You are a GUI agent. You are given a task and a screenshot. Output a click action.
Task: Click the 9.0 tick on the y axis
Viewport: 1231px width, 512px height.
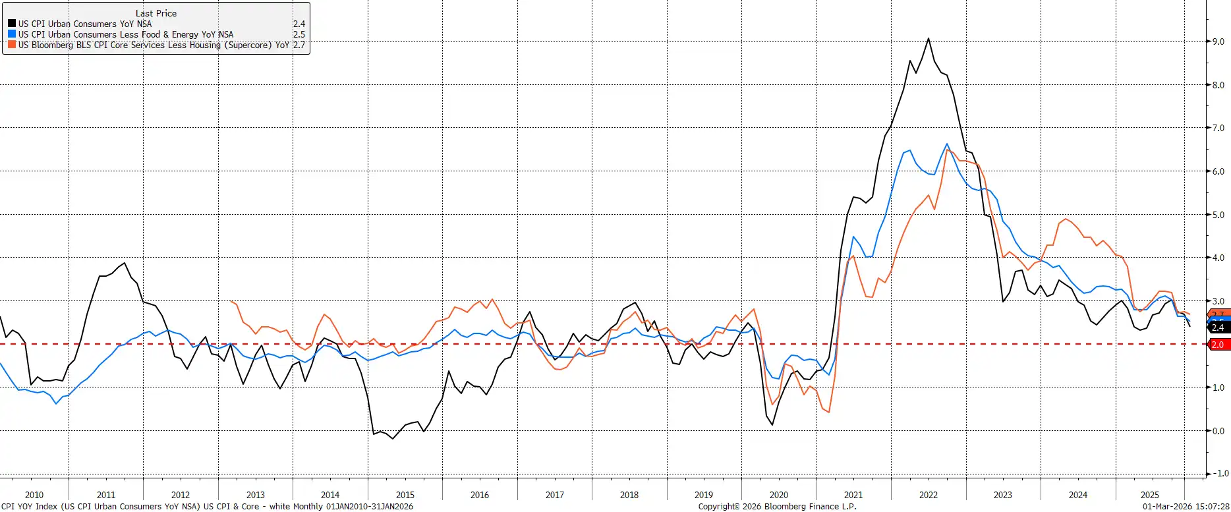click(1218, 42)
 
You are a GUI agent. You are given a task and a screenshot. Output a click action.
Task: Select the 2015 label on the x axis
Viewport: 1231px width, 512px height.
click(405, 495)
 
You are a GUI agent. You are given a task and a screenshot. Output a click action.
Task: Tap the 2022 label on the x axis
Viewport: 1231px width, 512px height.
click(928, 495)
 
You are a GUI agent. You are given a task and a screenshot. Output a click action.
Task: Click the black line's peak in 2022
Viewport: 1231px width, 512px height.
click(929, 38)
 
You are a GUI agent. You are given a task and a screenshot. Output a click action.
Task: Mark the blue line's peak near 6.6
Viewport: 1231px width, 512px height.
click(947, 144)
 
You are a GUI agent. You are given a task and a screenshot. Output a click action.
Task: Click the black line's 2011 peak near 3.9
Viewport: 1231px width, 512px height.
click(125, 263)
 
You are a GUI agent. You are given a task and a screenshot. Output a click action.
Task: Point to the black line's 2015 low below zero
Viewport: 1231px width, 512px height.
click(393, 438)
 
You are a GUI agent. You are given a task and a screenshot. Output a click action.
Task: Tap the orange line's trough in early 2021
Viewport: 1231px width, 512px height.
click(828, 412)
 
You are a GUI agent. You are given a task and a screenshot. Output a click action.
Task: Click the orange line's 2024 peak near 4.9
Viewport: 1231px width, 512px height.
click(1066, 219)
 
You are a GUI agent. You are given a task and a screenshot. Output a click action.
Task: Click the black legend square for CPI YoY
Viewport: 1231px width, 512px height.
click(12, 24)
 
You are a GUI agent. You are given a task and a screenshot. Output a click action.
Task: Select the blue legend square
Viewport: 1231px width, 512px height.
click(12, 34)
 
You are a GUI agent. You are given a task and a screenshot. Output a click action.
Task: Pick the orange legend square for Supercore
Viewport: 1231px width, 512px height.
click(12, 45)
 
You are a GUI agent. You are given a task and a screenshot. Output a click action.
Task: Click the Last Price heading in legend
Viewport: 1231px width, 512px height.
click(156, 13)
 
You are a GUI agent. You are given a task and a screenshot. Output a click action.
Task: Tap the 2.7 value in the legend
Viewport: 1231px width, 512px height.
click(299, 45)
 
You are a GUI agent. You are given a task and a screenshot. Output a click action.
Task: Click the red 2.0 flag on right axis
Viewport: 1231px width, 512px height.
click(1218, 345)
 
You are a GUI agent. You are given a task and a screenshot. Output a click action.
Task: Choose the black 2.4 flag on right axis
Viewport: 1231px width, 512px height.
click(1218, 327)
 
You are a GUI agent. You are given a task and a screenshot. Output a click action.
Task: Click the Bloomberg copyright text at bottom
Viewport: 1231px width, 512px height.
click(777, 507)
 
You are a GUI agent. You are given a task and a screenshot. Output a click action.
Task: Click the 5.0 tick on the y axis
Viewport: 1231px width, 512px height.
click(1218, 215)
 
